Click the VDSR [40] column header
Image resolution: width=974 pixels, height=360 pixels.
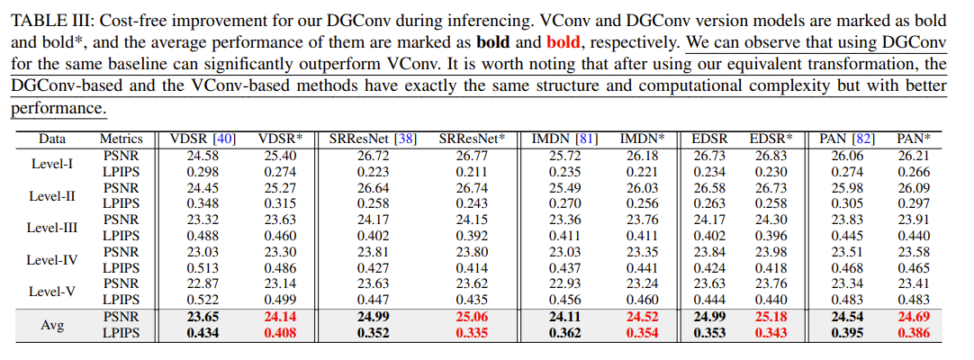pyautogui.click(x=203, y=139)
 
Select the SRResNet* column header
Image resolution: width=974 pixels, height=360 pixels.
pyautogui.click(x=472, y=139)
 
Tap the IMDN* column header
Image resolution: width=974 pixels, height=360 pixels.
pyautogui.click(x=642, y=139)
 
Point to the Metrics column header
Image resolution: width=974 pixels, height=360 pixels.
pyautogui.click(x=121, y=139)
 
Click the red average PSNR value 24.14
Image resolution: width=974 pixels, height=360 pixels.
pyautogui.click(x=280, y=317)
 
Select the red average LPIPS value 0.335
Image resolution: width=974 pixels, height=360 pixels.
pyautogui.click(x=472, y=333)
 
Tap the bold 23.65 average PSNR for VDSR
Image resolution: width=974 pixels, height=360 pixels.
pyautogui.click(x=203, y=317)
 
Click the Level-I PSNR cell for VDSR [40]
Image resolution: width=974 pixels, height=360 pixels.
pyautogui.click(x=203, y=155)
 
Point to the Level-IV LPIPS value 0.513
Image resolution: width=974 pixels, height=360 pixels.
pyautogui.click(x=203, y=268)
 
